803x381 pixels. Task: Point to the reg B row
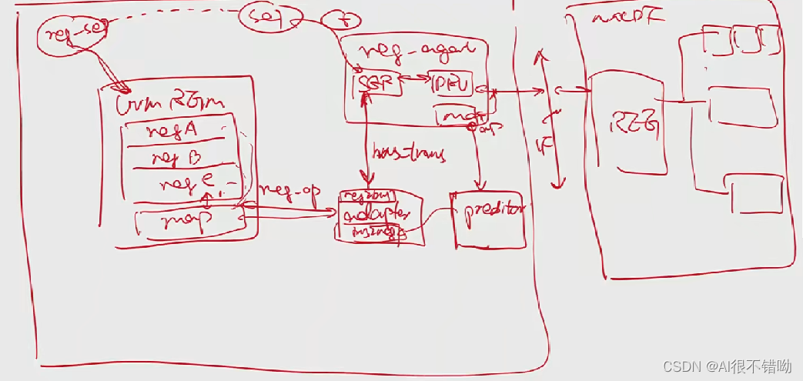coord(177,159)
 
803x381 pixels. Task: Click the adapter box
coord(377,213)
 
